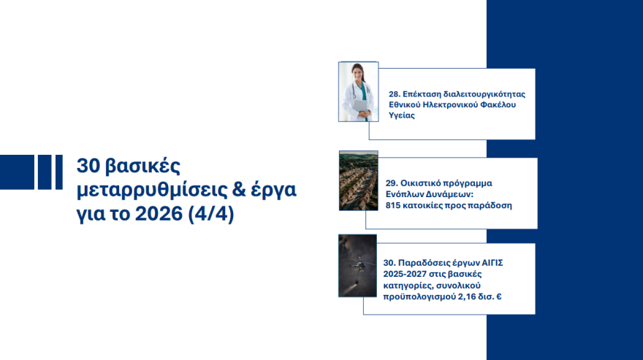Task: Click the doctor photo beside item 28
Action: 358,91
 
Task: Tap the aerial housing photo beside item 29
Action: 358,180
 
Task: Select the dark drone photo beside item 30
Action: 357,265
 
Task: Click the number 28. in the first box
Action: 395,95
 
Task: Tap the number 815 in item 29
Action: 394,206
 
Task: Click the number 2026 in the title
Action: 156,217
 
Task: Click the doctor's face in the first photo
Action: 357,74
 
